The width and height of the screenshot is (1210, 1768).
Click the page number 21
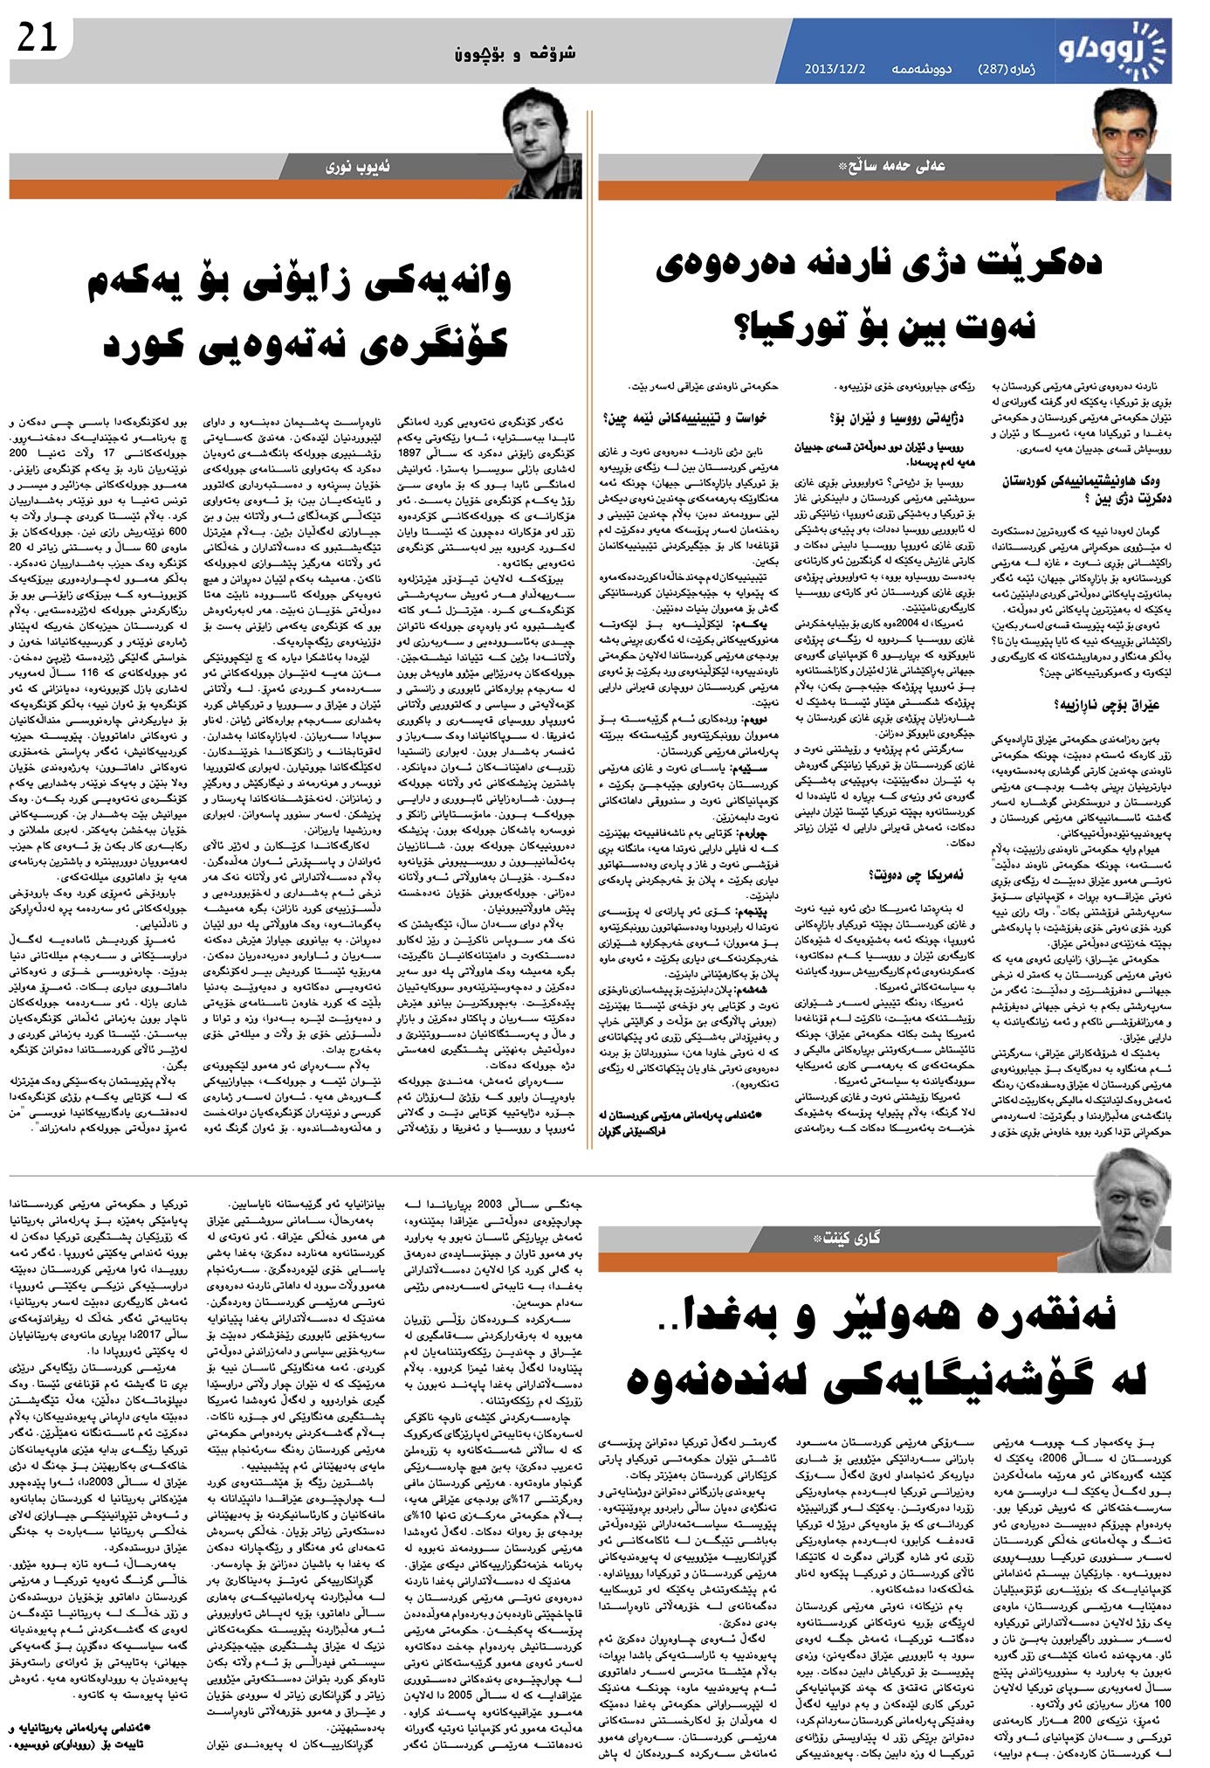point(35,40)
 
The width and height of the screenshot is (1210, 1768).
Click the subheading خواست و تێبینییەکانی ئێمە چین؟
point(685,418)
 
